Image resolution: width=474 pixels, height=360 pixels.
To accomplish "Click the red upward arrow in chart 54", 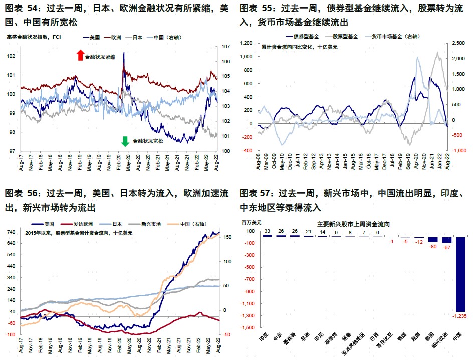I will click(x=80, y=56).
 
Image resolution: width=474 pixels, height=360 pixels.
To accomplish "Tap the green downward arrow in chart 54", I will click(x=125, y=141).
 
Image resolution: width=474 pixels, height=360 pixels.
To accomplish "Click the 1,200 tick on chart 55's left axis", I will click(x=246, y=43).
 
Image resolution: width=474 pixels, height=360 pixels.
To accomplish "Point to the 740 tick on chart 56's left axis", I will click(x=11, y=232).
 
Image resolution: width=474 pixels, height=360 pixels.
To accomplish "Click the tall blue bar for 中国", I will click(x=461, y=273).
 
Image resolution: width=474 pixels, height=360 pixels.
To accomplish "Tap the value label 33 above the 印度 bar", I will click(x=268, y=231).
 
